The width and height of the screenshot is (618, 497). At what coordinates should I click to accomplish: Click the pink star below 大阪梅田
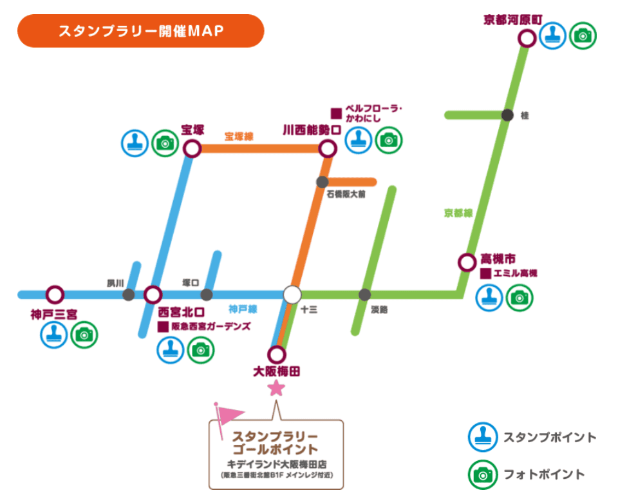pyautogui.click(x=276, y=387)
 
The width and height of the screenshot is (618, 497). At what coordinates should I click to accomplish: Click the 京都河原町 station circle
pyautogui.click(x=527, y=39)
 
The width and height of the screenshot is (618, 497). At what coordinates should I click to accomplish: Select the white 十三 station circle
pyautogui.click(x=292, y=295)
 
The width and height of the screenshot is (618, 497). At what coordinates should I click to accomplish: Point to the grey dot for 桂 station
pyautogui.click(x=507, y=115)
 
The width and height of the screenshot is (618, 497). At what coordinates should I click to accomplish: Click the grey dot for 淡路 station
pyautogui.click(x=364, y=295)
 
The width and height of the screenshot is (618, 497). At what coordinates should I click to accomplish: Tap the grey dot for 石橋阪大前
pyautogui.click(x=322, y=182)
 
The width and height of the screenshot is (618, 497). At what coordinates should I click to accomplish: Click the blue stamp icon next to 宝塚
pyautogui.click(x=135, y=143)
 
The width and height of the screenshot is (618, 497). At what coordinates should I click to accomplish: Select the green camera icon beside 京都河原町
pyautogui.click(x=583, y=35)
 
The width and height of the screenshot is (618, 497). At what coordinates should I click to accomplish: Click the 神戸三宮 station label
pyautogui.click(x=53, y=315)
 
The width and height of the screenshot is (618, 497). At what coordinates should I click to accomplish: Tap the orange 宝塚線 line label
pyautogui.click(x=239, y=137)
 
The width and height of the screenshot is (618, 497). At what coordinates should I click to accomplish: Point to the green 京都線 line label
pyautogui.click(x=458, y=213)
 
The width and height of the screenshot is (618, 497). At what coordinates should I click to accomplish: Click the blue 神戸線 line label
pyautogui.click(x=243, y=309)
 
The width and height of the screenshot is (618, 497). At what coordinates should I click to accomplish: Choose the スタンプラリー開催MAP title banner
pyautogui.click(x=141, y=31)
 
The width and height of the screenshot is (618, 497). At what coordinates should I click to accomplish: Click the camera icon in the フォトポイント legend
pyautogui.click(x=482, y=474)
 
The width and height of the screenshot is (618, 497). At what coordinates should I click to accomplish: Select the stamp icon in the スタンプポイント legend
pyautogui.click(x=482, y=437)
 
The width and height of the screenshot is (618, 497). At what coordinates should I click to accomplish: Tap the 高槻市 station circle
pyautogui.click(x=467, y=262)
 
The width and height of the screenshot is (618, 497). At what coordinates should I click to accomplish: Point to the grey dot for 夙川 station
pyautogui.click(x=129, y=295)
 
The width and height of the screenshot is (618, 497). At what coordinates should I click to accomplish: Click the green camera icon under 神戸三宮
pyautogui.click(x=84, y=335)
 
